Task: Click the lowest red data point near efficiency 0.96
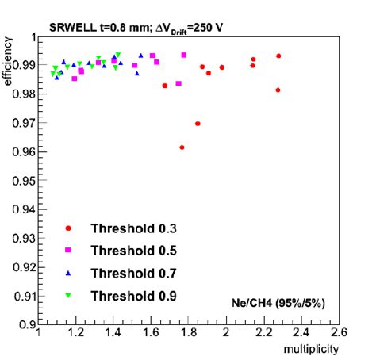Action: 182,147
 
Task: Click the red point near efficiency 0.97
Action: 198,124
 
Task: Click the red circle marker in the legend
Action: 68,228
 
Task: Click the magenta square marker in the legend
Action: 68,250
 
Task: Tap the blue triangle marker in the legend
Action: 68,273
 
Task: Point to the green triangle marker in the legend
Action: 68,296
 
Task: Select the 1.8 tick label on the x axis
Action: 189,334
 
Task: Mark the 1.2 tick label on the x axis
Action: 76,334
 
